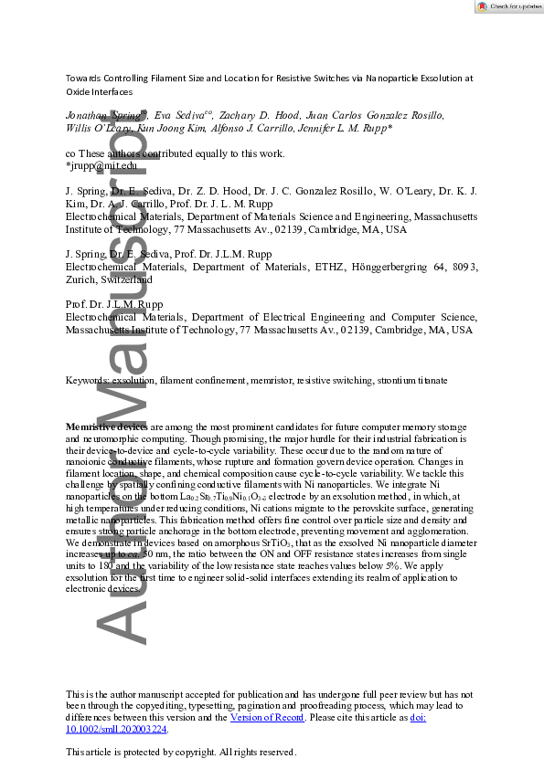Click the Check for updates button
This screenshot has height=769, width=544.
[x=507, y=6]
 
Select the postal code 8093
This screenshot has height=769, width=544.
[x=466, y=267]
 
